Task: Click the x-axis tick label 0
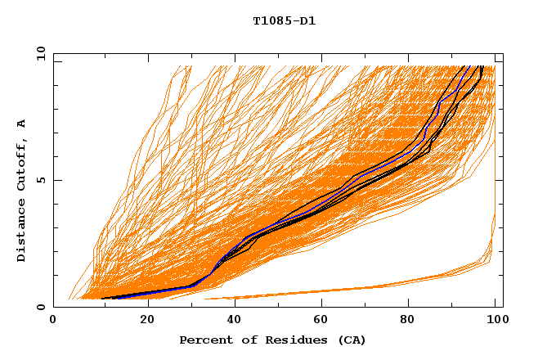coord(53,320)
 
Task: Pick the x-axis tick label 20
coord(141,320)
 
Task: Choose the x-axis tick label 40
coord(231,320)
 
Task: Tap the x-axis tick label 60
coord(319,320)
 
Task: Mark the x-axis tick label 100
coord(495,320)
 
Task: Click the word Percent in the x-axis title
coord(204,340)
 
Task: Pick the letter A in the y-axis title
coord(22,124)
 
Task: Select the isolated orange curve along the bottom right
coord(368,288)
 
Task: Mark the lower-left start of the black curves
coord(102,298)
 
